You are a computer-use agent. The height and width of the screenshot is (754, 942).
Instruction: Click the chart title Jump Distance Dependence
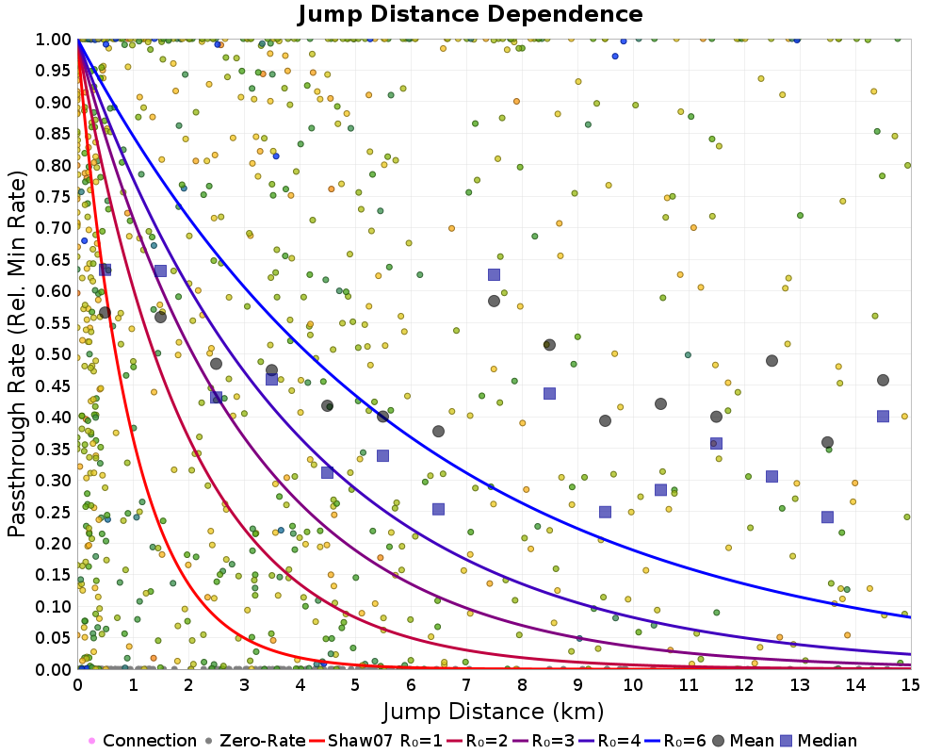pyautogui.click(x=470, y=14)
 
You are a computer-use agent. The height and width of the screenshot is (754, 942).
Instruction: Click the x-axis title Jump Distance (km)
pyautogui.click(x=494, y=712)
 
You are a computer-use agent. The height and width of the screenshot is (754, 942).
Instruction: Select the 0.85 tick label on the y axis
pyautogui.click(x=54, y=134)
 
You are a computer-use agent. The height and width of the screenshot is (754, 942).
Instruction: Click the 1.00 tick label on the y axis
pyautogui.click(x=54, y=40)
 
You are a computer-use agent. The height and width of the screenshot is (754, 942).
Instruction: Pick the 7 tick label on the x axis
pyautogui.click(x=466, y=685)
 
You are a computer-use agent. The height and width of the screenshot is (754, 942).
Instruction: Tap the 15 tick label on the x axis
pyautogui.click(x=911, y=685)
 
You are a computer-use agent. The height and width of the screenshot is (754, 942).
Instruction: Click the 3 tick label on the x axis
pyautogui.click(x=244, y=685)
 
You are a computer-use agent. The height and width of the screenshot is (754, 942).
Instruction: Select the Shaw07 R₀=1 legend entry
pyautogui.click(x=376, y=740)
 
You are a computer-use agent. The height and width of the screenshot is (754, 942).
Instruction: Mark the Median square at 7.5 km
pyautogui.click(x=494, y=275)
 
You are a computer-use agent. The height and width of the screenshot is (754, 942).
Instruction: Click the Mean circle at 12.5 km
pyautogui.click(x=772, y=361)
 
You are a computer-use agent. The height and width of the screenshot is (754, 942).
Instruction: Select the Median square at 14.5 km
pyautogui.click(x=883, y=416)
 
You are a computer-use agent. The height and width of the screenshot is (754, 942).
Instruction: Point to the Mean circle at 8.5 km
pyautogui.click(x=549, y=345)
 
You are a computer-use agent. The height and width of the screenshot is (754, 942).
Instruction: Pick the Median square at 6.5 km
pyautogui.click(x=439, y=509)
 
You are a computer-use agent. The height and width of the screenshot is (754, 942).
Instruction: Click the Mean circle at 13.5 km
pyautogui.click(x=827, y=443)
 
